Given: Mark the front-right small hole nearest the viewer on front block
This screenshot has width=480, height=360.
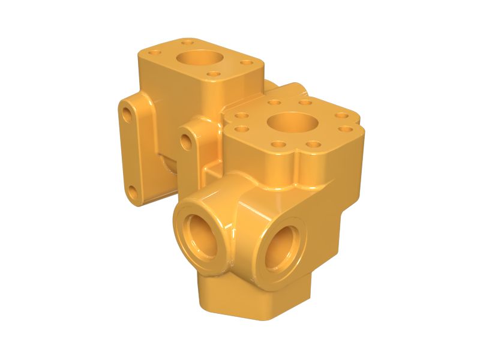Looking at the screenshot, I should pos(313,143).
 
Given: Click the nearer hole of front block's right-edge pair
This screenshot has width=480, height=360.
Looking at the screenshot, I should pos(344,128).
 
